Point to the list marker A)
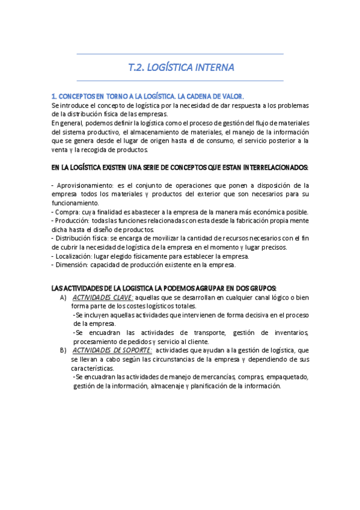tap(63, 297)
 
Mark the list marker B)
tap(63, 350)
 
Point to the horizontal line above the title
tap(180, 54)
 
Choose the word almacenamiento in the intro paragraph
tap(183, 132)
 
